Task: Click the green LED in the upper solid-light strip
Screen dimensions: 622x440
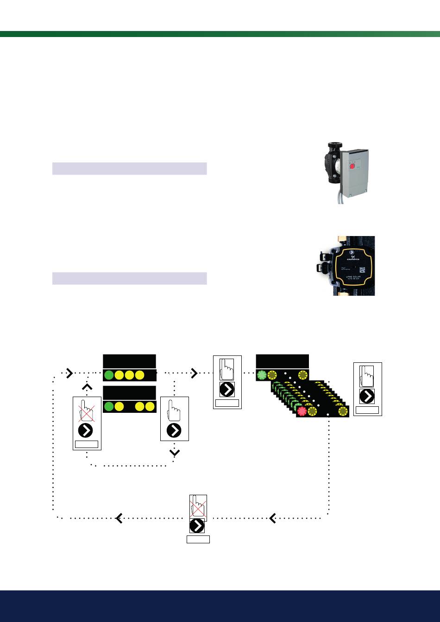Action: pyautogui.click(x=109, y=375)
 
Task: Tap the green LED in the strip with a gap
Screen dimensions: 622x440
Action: pyautogui.click(x=109, y=407)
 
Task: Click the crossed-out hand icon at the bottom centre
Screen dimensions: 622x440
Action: pyautogui.click(x=198, y=507)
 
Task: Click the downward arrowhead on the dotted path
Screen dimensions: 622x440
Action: pyautogui.click(x=175, y=453)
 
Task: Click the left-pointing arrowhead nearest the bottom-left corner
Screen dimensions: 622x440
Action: pyautogui.click(x=119, y=518)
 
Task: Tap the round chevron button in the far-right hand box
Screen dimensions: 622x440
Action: pyautogui.click(x=367, y=397)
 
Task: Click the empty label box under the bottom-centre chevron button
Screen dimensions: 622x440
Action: pyautogui.click(x=198, y=539)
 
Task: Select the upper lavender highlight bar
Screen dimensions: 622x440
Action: pyautogui.click(x=129, y=168)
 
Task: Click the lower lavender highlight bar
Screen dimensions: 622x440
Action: pyautogui.click(x=129, y=278)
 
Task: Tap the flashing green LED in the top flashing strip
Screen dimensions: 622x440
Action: pyautogui.click(x=261, y=375)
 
